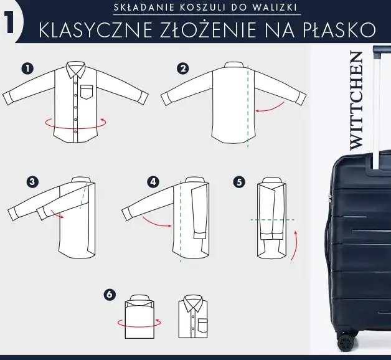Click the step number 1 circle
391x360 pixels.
27,69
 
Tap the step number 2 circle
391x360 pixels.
182,69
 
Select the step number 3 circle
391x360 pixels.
32,182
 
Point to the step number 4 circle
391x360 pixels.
153,182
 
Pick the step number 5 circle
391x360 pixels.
239,182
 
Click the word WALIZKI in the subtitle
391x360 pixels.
278,8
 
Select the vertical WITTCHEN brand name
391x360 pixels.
356,100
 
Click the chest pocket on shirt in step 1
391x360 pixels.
85,91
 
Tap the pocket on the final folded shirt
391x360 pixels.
202,324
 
